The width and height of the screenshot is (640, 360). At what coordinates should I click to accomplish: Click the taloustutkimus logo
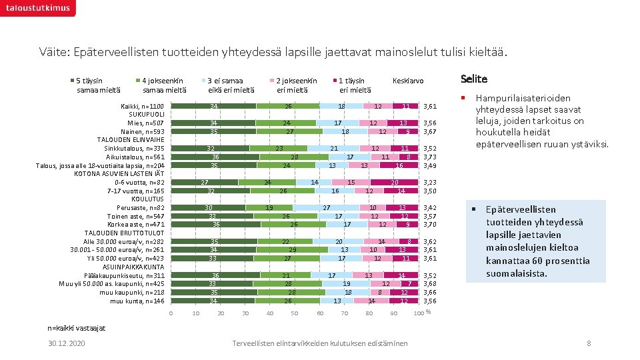pos(38,8)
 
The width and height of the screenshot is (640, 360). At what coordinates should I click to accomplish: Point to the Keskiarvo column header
pos(408,81)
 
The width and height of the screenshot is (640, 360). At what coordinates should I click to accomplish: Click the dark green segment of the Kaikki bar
pos(213,107)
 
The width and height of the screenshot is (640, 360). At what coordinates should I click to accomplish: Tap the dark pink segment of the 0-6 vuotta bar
pos(395,182)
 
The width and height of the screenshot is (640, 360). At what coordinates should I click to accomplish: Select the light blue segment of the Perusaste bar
pos(327,207)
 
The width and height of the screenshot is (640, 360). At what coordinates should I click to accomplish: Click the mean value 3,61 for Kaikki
pos(430,107)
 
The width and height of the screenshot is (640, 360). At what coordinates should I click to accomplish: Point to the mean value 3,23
pos(430,182)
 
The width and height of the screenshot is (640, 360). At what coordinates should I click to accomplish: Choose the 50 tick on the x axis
pos(295,313)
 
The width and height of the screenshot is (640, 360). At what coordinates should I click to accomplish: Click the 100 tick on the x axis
pos(418,313)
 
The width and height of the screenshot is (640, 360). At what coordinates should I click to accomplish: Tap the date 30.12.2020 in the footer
pos(66,343)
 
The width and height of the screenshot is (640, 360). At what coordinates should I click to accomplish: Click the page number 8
pos(589,343)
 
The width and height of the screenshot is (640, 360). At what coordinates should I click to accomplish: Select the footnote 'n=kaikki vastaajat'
pos(76,327)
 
